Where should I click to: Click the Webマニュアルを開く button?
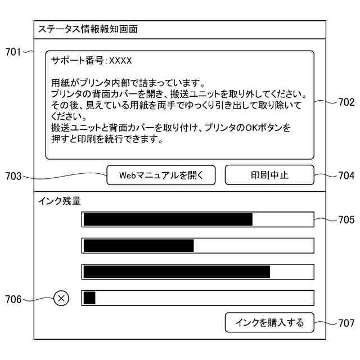[x=161, y=175]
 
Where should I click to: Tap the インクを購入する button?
[x=269, y=322]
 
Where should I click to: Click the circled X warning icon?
[x=61, y=299]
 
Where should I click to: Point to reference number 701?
[x=13, y=52]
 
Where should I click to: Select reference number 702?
[x=346, y=102]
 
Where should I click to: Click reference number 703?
[x=13, y=176]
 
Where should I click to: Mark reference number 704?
[x=346, y=176]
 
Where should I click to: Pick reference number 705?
[x=346, y=220]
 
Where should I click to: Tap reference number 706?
[x=13, y=299]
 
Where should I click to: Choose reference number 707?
[x=346, y=323]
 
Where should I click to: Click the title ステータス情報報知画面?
[x=87, y=29]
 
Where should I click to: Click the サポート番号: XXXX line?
[x=91, y=60]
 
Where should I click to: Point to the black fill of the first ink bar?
[x=168, y=219]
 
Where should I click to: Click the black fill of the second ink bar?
[x=138, y=246]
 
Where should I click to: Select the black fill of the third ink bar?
[x=177, y=272]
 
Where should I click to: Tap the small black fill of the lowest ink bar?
[x=89, y=298]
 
